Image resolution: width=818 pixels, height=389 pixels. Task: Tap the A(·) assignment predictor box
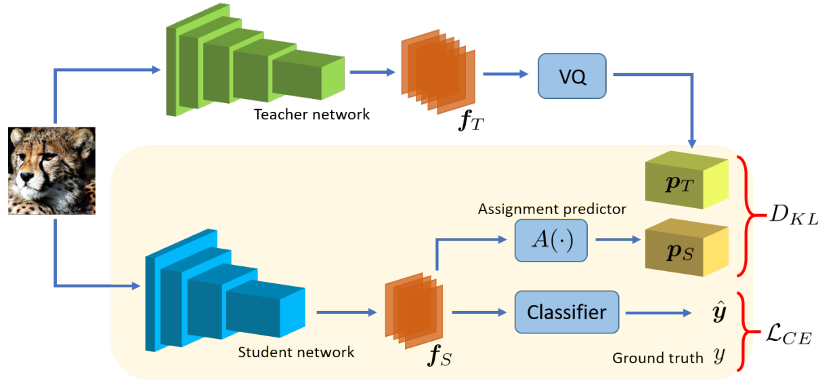551,241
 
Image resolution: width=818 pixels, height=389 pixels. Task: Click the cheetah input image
51,171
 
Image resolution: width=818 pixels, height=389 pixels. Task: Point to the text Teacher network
311,114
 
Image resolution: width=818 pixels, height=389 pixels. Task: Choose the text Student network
296,352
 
